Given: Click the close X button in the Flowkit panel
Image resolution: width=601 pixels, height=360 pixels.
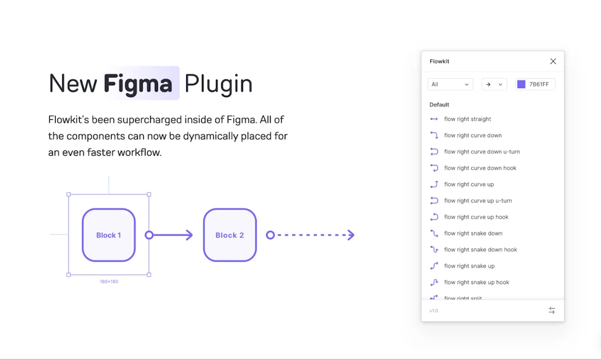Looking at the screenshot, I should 553,61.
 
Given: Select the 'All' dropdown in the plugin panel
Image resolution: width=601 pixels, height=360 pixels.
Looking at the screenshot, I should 450,85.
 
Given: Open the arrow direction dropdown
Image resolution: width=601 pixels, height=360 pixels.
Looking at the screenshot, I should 494,85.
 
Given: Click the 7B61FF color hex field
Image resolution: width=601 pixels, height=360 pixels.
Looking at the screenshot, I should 539,85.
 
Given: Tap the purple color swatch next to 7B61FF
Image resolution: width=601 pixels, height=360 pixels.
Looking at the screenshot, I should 521,85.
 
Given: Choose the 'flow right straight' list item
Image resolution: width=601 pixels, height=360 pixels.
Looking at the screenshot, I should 467,119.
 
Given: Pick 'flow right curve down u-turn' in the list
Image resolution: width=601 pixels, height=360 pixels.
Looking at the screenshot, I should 481,152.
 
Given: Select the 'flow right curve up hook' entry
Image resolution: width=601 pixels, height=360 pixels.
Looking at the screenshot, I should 476,217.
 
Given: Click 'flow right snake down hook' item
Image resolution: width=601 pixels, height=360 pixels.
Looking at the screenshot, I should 480,250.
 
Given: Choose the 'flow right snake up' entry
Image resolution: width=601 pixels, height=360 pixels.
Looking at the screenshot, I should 469,266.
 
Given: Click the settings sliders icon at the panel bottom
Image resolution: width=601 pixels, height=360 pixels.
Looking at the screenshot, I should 552,310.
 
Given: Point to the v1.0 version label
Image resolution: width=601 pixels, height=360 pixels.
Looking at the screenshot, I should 434,311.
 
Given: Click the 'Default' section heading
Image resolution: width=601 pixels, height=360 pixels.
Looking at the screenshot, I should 439,105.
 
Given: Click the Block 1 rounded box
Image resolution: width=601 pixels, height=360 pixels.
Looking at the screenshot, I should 109,235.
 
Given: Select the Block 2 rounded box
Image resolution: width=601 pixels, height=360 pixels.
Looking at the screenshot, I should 229,235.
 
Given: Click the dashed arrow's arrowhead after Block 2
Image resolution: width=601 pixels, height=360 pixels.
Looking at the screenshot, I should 351,235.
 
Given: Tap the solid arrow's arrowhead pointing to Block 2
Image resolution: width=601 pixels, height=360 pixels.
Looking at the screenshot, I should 189,235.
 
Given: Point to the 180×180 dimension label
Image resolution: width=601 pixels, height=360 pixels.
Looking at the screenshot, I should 109,282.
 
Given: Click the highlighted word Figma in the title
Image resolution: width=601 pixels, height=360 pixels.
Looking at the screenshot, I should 139,83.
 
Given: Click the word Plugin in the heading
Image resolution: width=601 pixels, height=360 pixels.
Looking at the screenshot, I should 218,83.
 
